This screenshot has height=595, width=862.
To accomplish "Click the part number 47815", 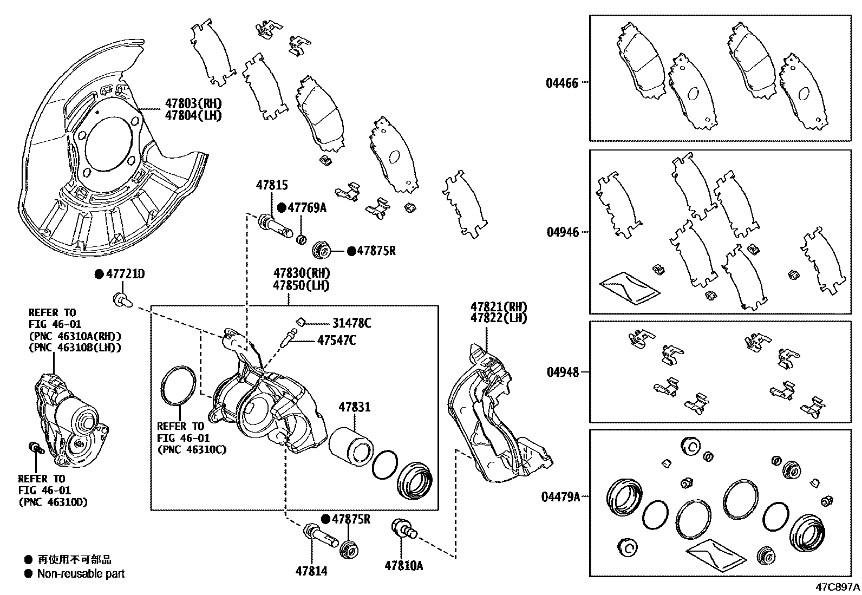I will [x=272, y=186].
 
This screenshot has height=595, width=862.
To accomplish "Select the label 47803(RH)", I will [x=193, y=103].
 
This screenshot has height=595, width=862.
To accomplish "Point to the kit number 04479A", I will [x=560, y=496].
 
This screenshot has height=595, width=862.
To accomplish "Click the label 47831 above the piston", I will [x=355, y=407].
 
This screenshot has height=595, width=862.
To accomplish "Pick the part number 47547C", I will [x=337, y=341].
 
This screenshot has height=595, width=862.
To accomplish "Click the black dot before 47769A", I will [x=282, y=207].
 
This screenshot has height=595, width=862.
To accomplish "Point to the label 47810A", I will [x=404, y=566].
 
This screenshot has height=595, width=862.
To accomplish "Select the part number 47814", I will [x=311, y=571].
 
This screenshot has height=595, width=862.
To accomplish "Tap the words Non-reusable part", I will [x=81, y=574].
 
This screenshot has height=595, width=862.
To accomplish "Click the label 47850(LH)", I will [x=301, y=285].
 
